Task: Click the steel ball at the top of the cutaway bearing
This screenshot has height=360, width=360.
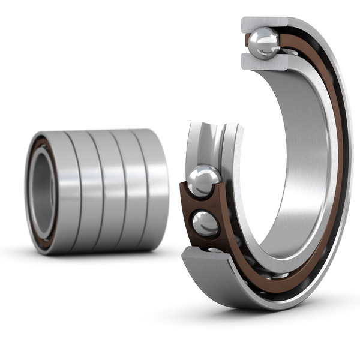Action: pyautogui.click(x=262, y=43)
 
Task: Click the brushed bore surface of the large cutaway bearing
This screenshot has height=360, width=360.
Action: pyautogui.click(x=300, y=150)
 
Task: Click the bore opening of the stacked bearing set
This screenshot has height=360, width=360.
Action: pyautogui.click(x=41, y=189)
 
